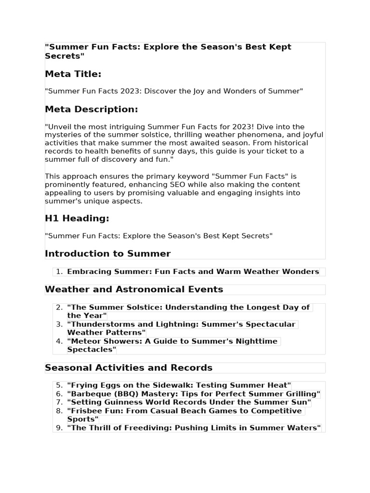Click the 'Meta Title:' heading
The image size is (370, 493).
(x=73, y=74)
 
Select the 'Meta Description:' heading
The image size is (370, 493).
(x=91, y=109)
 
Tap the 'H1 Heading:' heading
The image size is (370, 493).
(x=77, y=218)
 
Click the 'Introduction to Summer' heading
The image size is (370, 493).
(x=107, y=253)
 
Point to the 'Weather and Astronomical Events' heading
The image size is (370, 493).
(x=134, y=289)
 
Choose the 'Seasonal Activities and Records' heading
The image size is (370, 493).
(x=129, y=368)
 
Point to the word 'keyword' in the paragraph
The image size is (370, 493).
(x=191, y=176)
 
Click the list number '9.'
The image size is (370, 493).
(x=59, y=428)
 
